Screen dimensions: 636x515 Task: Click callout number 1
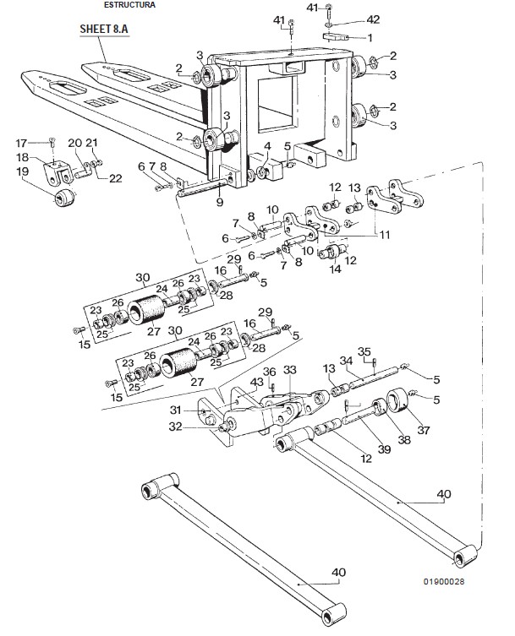[x=369, y=37]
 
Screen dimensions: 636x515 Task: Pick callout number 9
[x=219, y=203]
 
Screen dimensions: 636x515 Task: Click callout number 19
[x=22, y=171]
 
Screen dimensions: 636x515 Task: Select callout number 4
[x=267, y=146]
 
